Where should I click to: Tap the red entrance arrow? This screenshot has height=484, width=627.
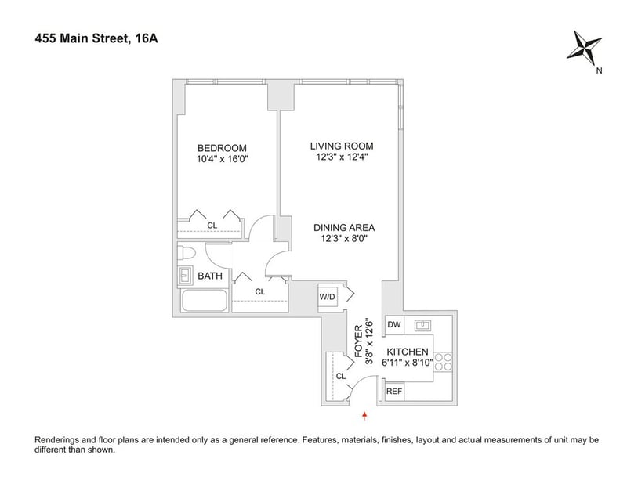pos(364,416)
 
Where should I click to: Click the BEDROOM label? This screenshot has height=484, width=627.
pos(222,148)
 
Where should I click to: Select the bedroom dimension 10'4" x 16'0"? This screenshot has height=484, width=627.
pos(223,159)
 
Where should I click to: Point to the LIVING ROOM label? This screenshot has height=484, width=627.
pos(342,146)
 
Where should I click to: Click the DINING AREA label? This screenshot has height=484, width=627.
pos(344,228)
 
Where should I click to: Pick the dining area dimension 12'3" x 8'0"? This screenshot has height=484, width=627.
pos(344,239)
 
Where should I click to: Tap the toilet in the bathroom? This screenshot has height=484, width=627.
pos(186,253)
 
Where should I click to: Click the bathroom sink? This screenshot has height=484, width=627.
pos(185,276)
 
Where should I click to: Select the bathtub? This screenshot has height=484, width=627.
pos(205,301)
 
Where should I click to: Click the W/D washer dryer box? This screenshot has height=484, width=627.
pos(328,297)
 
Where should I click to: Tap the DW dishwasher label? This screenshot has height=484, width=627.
pos(394,324)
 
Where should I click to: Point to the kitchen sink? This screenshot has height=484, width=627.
pos(422,325)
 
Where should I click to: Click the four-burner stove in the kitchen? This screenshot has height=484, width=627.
pos(443,362)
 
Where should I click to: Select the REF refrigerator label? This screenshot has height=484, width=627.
pos(394,392)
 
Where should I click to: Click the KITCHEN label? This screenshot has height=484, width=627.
pos(408,352)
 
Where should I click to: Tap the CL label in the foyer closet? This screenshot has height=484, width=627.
pos(341,376)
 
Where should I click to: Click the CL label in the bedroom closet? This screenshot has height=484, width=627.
pos(212,226)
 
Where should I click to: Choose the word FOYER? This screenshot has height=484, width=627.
pos(359,341)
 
